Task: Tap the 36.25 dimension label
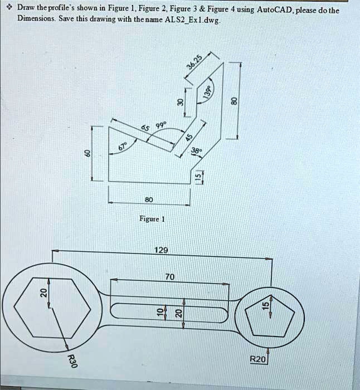point(196,63)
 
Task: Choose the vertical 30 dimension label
point(180,102)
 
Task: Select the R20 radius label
point(258,360)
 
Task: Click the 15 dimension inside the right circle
point(266,304)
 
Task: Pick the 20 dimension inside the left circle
point(41,294)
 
